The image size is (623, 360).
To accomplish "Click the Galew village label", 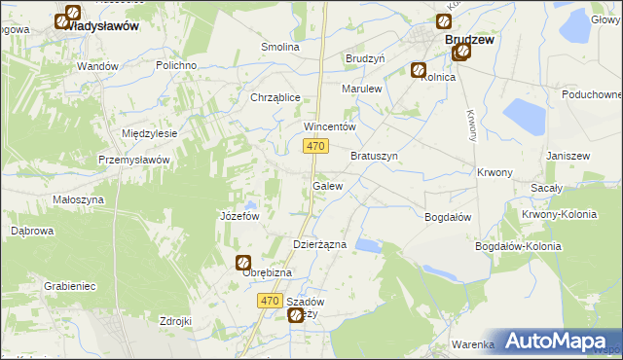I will [327, 186].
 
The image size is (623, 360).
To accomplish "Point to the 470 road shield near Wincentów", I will [313, 146].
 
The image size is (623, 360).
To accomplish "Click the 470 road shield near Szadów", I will [272, 302].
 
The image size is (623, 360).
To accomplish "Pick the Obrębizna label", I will [267, 272].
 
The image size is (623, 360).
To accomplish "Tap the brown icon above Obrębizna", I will [243, 262].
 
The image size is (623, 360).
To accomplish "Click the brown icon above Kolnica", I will [418, 69].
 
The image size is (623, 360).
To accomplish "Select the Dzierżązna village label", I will [320, 245].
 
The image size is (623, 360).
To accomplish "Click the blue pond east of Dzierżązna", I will [368, 245].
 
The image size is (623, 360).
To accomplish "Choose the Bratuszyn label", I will [375, 156].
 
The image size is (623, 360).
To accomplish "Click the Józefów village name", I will [239, 216].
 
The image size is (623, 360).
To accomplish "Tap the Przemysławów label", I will [134, 160].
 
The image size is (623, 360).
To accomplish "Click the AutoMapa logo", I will [555, 342].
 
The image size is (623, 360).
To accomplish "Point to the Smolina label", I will [280, 47].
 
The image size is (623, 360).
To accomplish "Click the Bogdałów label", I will [448, 217].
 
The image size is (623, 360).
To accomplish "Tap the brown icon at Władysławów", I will [70, 16].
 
